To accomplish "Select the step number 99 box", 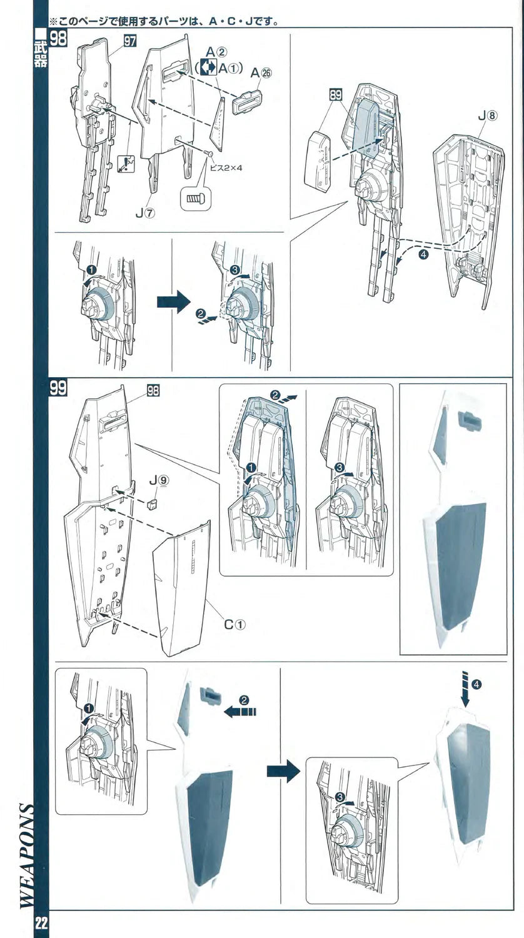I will pos(58,388).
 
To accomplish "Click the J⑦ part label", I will pos(145,213).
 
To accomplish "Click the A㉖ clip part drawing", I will pos(245,101).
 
